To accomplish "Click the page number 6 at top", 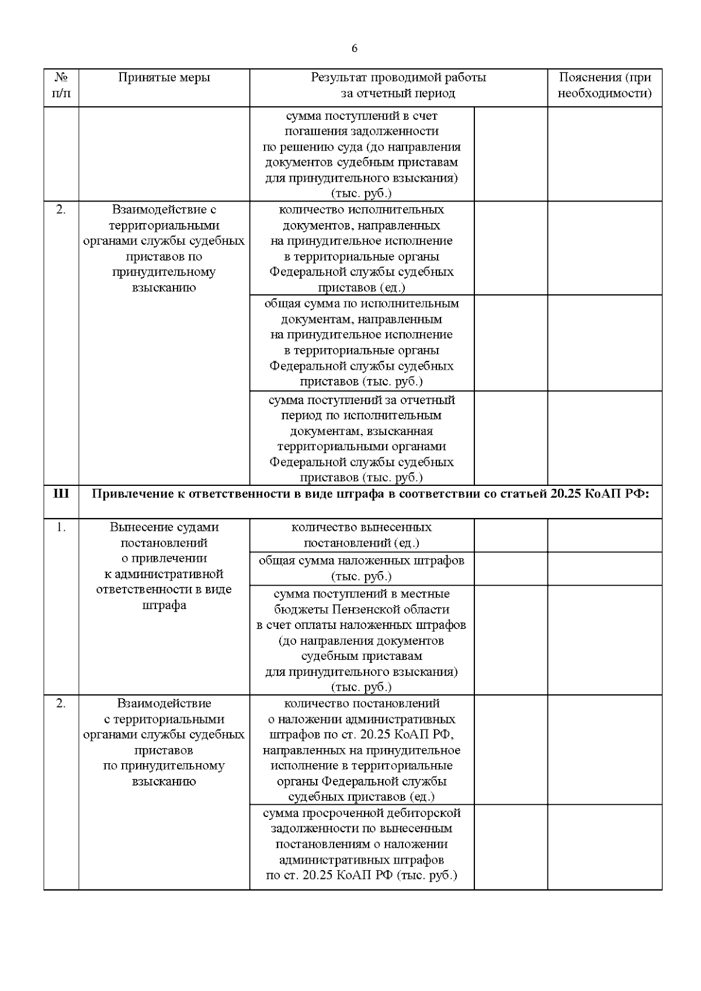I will click(x=355, y=48).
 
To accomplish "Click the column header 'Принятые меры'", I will click(x=164, y=78).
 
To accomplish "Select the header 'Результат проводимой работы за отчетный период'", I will click(x=398, y=85).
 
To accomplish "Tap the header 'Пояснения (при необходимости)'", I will click(x=605, y=85).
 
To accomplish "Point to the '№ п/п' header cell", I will click(x=61, y=85).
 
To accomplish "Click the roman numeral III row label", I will click(x=61, y=494).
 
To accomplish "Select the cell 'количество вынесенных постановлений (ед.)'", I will click(x=362, y=535).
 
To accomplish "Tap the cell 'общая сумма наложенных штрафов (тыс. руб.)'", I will click(x=362, y=568).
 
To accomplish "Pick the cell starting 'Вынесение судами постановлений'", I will click(x=164, y=566).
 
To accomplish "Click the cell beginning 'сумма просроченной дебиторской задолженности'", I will click(x=362, y=844).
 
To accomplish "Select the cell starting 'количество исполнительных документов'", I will click(x=362, y=248).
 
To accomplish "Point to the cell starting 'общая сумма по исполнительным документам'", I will click(x=362, y=342).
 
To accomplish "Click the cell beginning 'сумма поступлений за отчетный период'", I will click(x=362, y=439).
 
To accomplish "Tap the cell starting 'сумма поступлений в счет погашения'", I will click(x=362, y=154).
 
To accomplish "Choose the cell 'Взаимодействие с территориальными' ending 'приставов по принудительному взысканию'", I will click(x=164, y=248).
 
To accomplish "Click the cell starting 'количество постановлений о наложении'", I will click(x=362, y=750).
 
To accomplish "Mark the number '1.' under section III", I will click(x=61, y=527).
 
